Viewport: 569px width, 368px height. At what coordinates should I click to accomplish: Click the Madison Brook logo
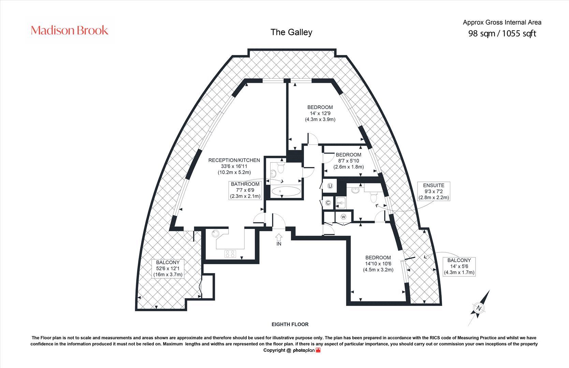point(70,30)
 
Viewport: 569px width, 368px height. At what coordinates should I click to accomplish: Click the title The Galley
point(291,32)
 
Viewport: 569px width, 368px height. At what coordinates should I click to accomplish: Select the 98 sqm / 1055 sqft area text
point(502,33)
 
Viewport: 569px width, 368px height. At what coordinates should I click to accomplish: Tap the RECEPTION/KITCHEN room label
point(234,166)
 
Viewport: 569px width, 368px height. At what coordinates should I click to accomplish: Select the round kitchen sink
point(215,234)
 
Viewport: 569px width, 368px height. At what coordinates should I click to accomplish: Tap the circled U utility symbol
point(330,186)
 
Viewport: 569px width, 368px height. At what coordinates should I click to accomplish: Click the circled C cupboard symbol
point(328,203)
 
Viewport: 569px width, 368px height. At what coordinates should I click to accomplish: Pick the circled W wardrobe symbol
point(343,217)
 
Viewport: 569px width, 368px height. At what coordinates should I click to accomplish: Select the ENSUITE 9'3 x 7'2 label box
point(434,191)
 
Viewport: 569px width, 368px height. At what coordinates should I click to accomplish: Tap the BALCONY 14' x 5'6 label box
point(459,266)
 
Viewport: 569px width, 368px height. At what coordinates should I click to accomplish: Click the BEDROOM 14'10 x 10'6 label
point(378,263)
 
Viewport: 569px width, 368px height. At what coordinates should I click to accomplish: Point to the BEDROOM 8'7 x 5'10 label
point(348,161)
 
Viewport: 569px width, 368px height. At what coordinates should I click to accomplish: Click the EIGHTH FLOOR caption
point(290,324)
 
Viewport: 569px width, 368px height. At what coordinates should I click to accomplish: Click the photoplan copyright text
point(292,350)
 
